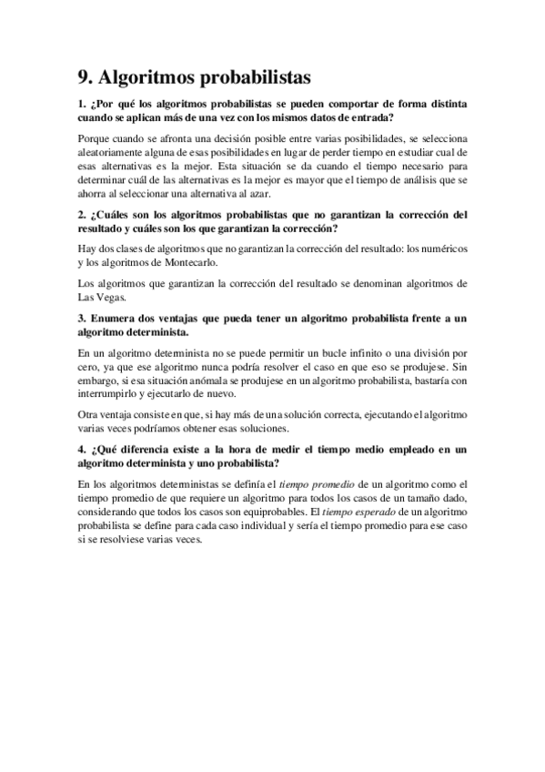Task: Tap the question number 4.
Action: [x=83, y=449]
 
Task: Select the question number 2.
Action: [x=83, y=215]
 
